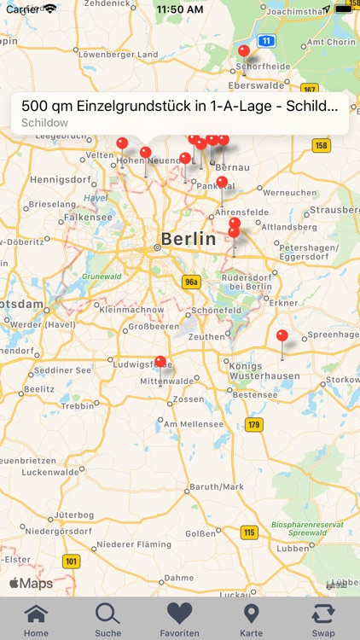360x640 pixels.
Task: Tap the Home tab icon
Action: pyautogui.click(x=36, y=614)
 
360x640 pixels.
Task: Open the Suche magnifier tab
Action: pyautogui.click(x=107, y=614)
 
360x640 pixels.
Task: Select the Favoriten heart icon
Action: pyautogui.click(x=180, y=614)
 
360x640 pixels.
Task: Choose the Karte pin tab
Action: pyautogui.click(x=252, y=614)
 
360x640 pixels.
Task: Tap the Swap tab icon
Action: pyautogui.click(x=323, y=614)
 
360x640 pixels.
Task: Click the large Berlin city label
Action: pyautogui.click(x=188, y=239)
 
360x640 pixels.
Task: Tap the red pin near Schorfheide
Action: pyautogui.click(x=244, y=52)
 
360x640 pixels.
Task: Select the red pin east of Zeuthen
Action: pyautogui.click(x=282, y=336)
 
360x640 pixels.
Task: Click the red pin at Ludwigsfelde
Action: pyautogui.click(x=160, y=363)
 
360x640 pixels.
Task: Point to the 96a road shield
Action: pyautogui.click(x=191, y=282)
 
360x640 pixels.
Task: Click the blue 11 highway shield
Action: pyautogui.click(x=267, y=40)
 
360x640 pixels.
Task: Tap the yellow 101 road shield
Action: pyautogui.click(x=71, y=561)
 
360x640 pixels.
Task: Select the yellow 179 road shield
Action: pyautogui.click(x=254, y=424)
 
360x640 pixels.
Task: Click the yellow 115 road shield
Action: pyautogui.click(x=248, y=532)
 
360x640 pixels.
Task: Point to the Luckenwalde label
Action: pyautogui.click(x=49, y=472)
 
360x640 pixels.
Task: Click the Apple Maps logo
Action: pyautogui.click(x=31, y=584)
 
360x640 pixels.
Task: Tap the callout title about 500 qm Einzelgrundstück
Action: pyautogui.click(x=179, y=107)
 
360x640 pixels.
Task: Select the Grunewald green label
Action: pyautogui.click(x=102, y=276)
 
